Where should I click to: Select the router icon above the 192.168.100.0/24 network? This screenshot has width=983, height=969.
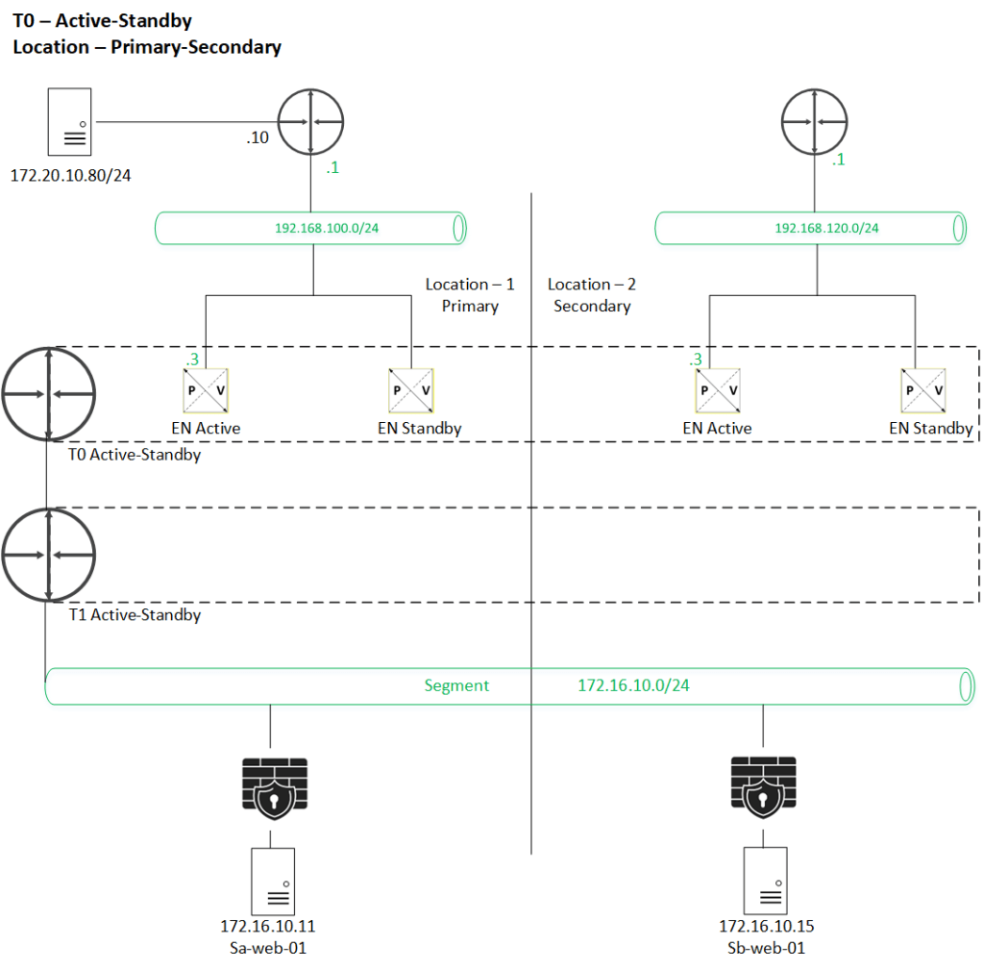tap(310, 122)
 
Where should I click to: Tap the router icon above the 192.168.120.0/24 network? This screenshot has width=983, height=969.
tap(814, 122)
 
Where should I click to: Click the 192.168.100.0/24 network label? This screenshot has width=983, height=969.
tap(313, 229)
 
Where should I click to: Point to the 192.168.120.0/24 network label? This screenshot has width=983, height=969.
tap(826, 229)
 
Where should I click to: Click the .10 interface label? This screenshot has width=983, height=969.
tap(258, 138)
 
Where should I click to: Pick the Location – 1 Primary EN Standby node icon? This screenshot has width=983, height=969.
tap(409, 391)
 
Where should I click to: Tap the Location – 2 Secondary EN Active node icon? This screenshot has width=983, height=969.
tap(717, 391)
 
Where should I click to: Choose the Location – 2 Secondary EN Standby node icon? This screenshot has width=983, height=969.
tap(922, 391)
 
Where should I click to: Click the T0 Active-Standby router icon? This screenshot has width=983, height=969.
tap(48, 394)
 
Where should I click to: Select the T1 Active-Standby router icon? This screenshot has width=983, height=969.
tap(48, 556)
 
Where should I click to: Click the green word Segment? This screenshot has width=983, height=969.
tap(456, 686)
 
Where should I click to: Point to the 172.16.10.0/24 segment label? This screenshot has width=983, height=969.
tap(633, 686)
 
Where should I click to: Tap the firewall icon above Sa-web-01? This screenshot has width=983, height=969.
tap(270, 784)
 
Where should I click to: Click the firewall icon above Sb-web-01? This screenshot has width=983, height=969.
tap(763, 784)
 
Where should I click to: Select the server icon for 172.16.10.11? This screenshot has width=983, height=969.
tap(273, 882)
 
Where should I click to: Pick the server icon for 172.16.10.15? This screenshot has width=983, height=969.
tap(766, 882)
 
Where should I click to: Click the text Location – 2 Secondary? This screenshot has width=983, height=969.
tap(592, 296)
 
